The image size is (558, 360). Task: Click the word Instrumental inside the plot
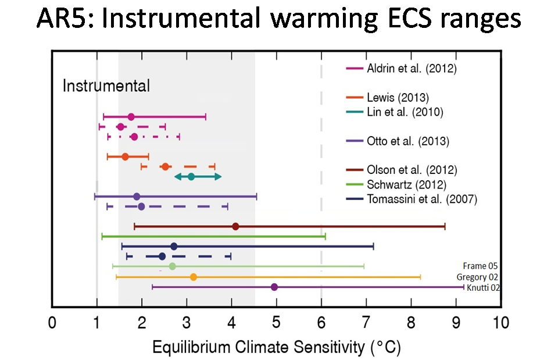pyautogui.click(x=106, y=87)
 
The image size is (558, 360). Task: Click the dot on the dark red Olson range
pyautogui.click(x=235, y=226)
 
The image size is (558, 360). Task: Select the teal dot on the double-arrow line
pyautogui.click(x=191, y=176)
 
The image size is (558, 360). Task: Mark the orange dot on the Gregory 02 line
pyautogui.click(x=194, y=277)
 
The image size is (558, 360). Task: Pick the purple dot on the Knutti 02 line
pyautogui.click(x=274, y=287)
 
